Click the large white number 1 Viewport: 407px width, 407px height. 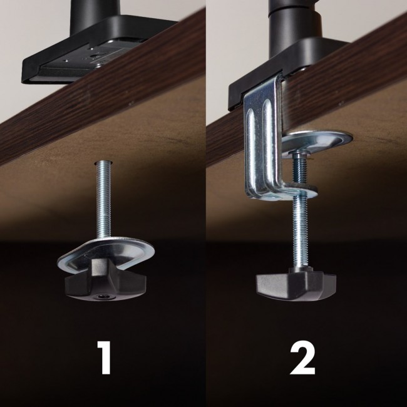[x=103, y=358]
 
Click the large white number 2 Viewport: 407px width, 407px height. [x=303, y=358]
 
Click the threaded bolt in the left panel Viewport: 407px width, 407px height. [x=102, y=200]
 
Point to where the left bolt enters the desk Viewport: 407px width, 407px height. [x=101, y=162]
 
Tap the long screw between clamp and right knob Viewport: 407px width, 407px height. [x=300, y=232]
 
